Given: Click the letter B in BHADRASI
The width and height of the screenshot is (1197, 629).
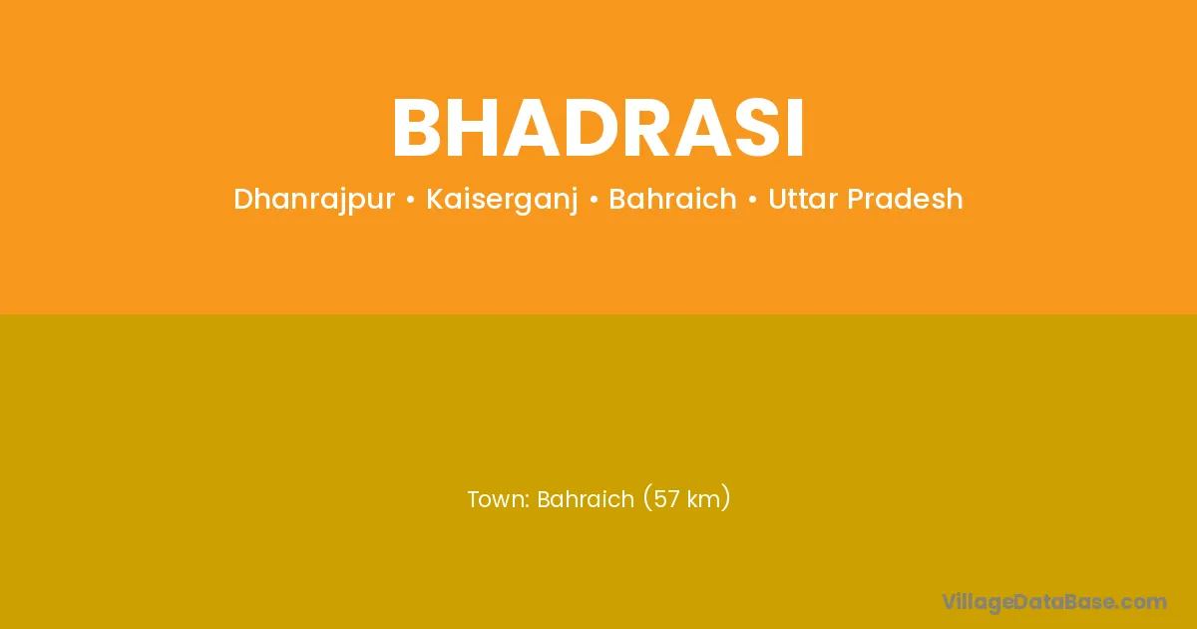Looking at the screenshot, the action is coord(417,129).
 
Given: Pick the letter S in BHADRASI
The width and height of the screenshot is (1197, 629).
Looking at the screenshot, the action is coord(760,129).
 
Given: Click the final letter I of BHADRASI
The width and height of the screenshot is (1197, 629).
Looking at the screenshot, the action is coord(796,129).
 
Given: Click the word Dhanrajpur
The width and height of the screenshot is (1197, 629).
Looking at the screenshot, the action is coord(314,200).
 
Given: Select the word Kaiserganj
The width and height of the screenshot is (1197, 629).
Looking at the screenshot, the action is coord(502,200).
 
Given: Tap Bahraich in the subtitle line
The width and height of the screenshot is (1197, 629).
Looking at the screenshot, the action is coord(672,199).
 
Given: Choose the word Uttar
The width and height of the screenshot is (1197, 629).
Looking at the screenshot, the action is coord(803,199).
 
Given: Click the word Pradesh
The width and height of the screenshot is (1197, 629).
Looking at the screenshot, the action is coord(905,199).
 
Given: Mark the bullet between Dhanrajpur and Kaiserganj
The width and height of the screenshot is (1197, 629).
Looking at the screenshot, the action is coord(410,200).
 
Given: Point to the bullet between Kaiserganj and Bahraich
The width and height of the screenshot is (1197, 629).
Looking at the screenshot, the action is coord(594,200).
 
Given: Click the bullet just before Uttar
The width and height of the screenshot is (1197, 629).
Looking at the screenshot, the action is coord(753,200).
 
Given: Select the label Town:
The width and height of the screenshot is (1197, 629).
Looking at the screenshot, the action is coord(499,499).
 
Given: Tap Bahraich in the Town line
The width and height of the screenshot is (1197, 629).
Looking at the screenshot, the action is coord(586,499).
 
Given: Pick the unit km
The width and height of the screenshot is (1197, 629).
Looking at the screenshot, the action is coord(702,499).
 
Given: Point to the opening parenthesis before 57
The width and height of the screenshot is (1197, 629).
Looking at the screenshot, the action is coord(647,498).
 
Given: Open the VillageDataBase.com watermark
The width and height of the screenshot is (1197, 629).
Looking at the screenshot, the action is coord(1053,602).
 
